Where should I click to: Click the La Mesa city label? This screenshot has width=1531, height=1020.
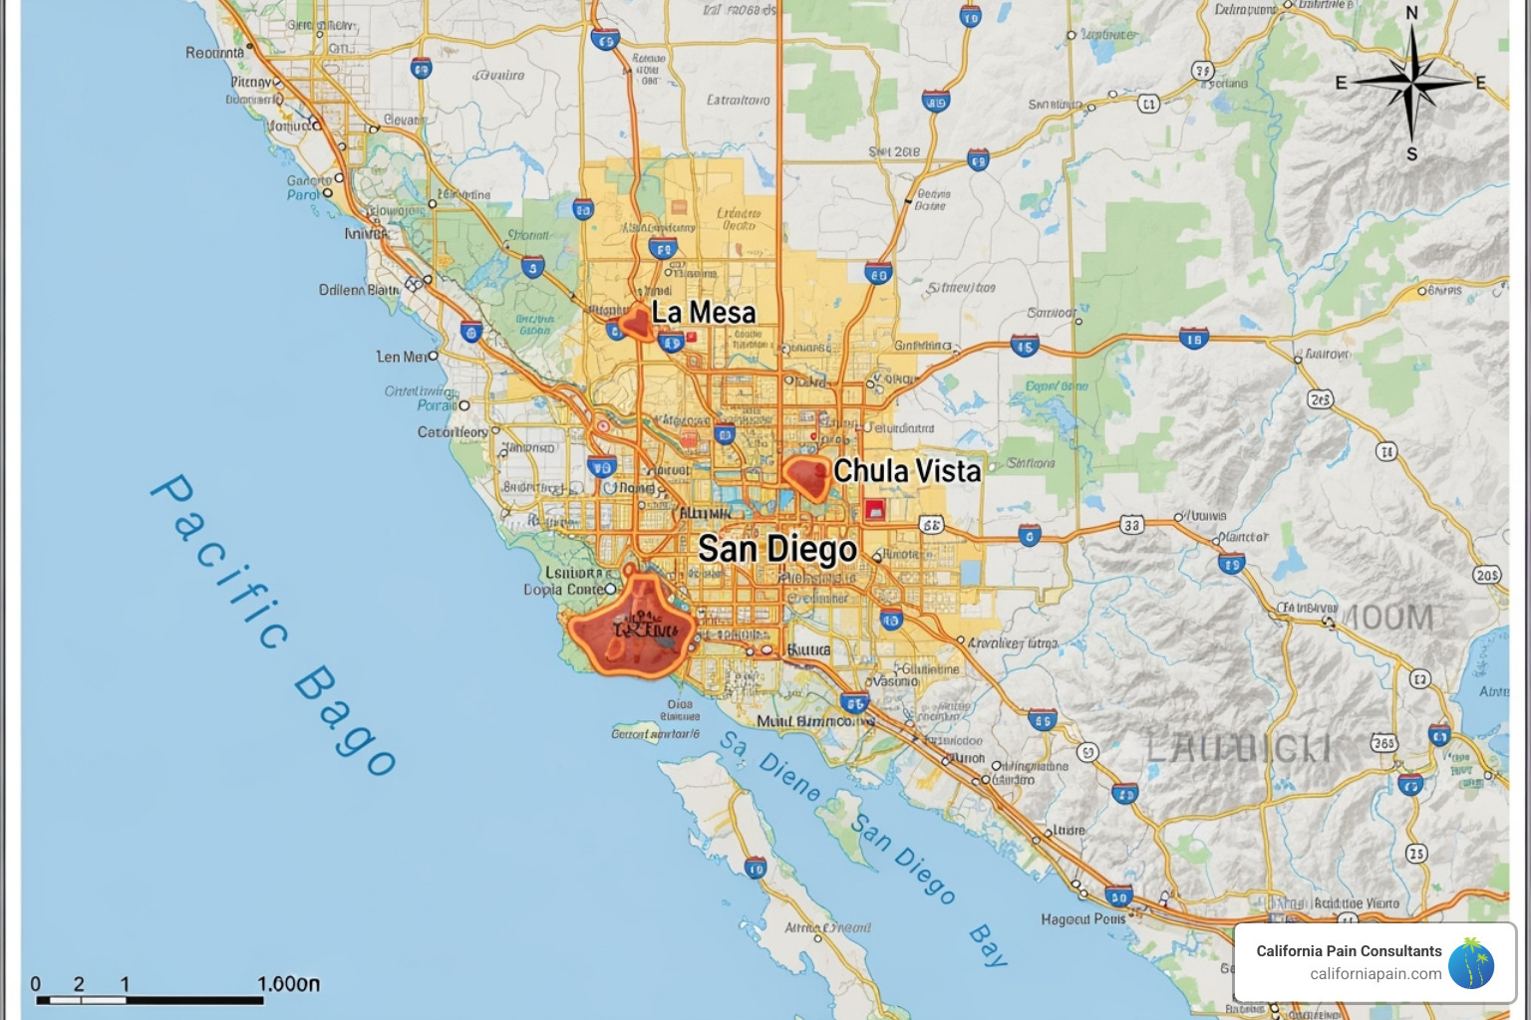704,313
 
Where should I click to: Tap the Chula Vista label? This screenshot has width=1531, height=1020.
907,471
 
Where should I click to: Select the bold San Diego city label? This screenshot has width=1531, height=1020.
776,549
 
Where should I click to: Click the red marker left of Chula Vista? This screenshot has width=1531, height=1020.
807,476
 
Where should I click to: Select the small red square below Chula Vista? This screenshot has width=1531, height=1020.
875,510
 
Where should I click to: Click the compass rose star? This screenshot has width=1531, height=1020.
1411,83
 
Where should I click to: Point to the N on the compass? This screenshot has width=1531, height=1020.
1411,14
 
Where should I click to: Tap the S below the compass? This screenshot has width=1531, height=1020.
1411,154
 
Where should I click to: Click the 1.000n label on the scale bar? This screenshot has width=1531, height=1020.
288,984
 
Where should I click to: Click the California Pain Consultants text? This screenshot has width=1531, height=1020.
1349,951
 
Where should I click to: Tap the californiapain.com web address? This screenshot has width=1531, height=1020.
1376,974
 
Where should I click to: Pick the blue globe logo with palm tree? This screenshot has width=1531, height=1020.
1471,964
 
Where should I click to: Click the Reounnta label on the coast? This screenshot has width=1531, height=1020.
214,53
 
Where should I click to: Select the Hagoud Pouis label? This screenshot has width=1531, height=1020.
1082,919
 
